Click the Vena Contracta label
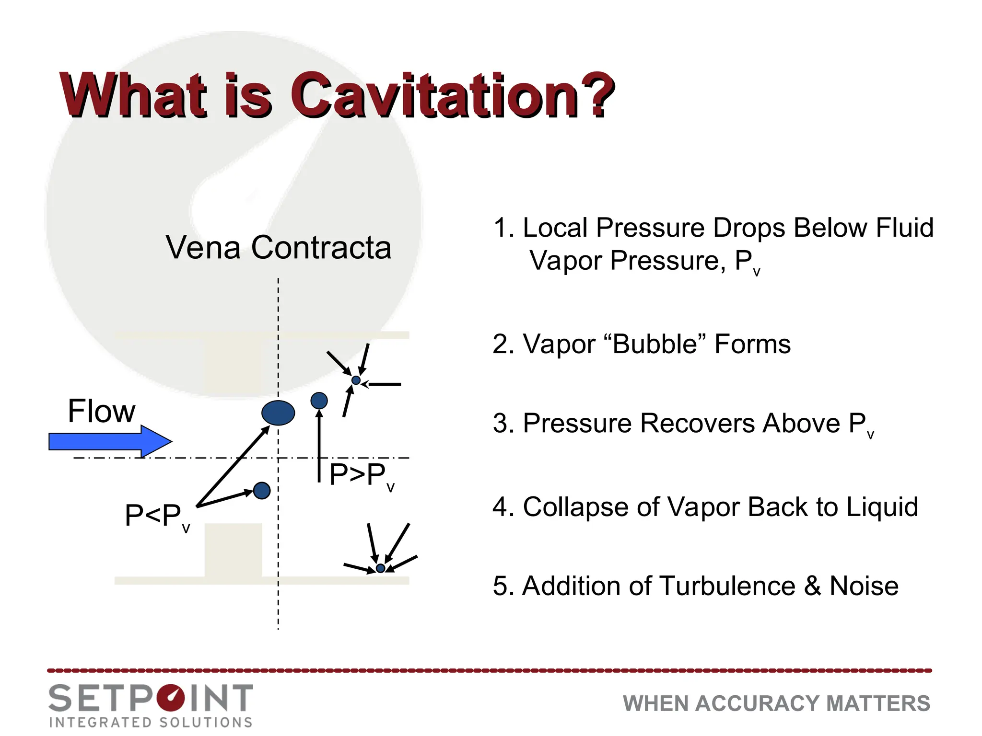(278, 248)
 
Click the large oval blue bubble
(278, 413)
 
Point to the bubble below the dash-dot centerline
(261, 491)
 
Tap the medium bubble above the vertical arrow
(319, 401)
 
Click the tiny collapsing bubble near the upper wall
(356, 380)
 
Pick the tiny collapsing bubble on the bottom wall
(380, 568)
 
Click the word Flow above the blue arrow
(101, 411)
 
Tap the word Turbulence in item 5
(727, 586)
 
